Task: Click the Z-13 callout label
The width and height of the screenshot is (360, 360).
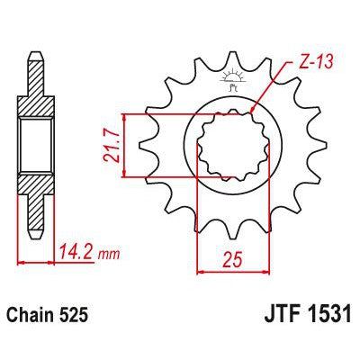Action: [310, 65]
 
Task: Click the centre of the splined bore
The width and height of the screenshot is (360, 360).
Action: [231, 144]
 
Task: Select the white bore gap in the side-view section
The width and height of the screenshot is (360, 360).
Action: [34, 144]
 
